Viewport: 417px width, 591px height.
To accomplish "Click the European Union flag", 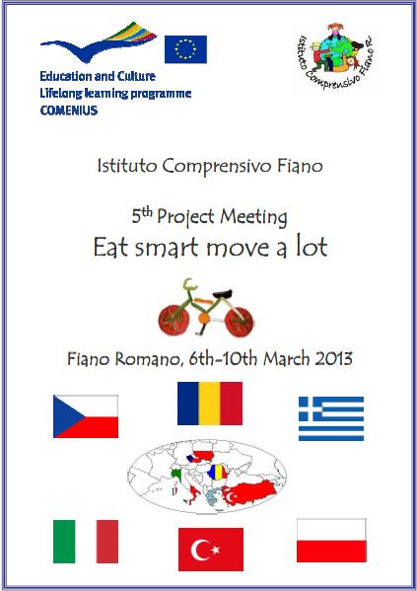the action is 185,49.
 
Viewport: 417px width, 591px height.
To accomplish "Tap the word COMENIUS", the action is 69,111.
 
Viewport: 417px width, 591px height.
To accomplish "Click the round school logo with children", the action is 335,56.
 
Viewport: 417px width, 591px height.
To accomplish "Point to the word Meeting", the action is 253,217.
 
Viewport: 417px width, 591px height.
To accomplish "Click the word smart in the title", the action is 167,248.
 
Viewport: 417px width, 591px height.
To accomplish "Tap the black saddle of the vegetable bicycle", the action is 222,293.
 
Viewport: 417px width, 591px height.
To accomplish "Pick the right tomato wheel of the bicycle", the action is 240,322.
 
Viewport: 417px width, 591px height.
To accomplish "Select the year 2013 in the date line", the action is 334,358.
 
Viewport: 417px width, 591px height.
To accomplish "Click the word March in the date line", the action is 287,358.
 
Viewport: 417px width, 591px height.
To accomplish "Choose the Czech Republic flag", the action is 86,416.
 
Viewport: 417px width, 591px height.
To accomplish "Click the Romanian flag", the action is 210,404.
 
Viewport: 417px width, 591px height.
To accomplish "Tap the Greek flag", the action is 331,418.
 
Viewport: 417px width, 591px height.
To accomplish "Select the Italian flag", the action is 86,542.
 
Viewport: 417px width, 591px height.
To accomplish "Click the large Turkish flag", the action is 211,550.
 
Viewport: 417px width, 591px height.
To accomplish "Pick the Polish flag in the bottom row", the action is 331,541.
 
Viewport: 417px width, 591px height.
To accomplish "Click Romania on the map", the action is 216,472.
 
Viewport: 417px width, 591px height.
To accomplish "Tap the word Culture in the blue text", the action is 136,76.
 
